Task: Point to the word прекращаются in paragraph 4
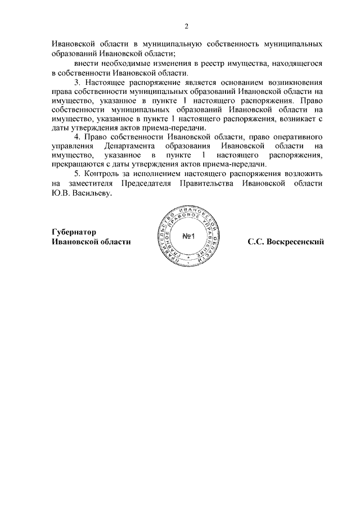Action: point(77,165)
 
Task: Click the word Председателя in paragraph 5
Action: point(147,184)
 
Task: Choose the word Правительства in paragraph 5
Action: point(206,184)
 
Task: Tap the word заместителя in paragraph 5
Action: point(88,184)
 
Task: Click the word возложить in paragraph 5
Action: point(304,174)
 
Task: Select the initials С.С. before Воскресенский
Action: point(256,242)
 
